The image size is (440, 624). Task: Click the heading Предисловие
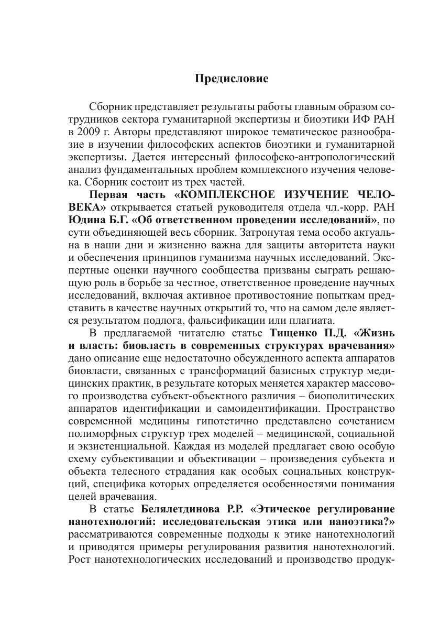231,79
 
